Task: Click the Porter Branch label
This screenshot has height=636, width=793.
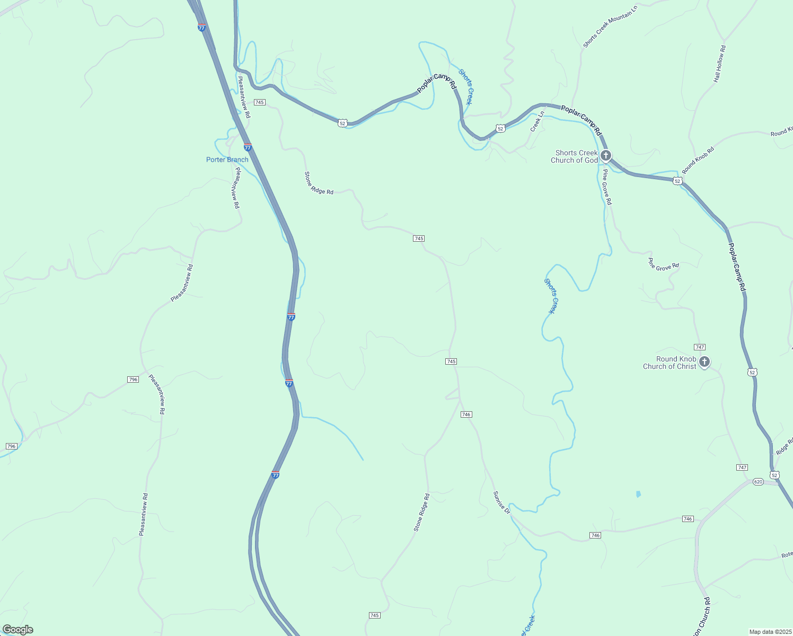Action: pos(227,160)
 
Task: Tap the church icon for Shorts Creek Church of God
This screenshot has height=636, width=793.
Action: pos(606,156)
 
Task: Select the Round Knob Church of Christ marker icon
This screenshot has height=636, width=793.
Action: pos(704,362)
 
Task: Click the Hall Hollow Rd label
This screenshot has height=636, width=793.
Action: pos(719,64)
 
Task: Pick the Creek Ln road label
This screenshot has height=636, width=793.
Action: pos(538,121)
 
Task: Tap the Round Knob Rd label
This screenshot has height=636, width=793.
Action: pos(698,160)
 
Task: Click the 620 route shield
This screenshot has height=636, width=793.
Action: pos(758,482)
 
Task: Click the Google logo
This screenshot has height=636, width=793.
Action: pos(18,630)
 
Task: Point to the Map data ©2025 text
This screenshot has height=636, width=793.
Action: pos(770,632)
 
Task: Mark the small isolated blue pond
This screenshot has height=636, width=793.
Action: pos(638,494)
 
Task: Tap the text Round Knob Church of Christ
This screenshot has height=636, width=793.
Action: pos(669,363)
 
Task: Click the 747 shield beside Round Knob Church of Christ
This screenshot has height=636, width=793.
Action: pos(700,347)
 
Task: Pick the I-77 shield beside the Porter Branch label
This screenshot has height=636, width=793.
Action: pos(248,147)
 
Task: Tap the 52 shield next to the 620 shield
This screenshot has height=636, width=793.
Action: pos(775,475)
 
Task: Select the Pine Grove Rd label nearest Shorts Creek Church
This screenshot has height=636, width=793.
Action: pos(607,187)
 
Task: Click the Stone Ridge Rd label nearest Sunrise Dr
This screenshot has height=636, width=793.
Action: pos(422,513)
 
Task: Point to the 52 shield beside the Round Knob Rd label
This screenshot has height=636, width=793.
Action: pos(677,181)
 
